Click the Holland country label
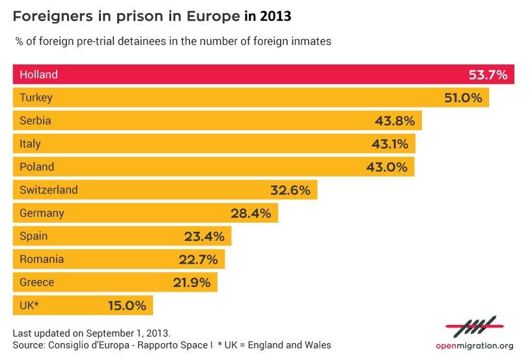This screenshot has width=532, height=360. tap(38, 75)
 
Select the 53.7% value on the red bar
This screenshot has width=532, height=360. tap(488, 75)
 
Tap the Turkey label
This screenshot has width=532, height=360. tap(36, 98)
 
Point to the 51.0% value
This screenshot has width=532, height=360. tap(462, 98)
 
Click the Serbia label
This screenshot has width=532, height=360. tap(35, 121)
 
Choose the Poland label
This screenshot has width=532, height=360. tap(37, 167)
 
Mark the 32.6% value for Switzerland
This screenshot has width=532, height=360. tap(291, 190)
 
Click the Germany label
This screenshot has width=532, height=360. tap(42, 213)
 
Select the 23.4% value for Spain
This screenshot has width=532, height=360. tap(205, 236)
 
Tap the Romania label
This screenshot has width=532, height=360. tap(42, 259)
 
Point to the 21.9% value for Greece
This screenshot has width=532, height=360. tap(191, 283)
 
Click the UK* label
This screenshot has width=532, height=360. tap(30, 305)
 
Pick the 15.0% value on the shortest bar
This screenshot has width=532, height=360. tap(126, 305)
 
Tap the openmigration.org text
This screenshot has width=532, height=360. tap(474, 346)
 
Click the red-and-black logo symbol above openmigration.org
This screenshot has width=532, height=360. tap(474, 325)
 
